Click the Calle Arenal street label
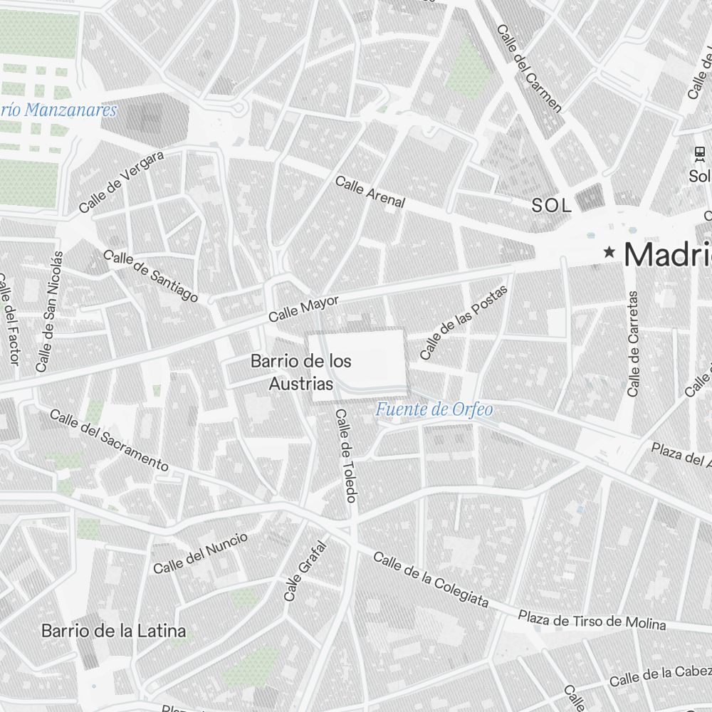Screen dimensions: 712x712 click(370, 192)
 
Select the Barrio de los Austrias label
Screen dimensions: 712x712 click(300, 372)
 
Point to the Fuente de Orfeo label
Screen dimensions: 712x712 click(434, 409)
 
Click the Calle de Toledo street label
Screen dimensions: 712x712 click(345, 456)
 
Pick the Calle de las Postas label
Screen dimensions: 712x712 click(464, 323)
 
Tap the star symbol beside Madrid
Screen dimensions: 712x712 click(609, 251)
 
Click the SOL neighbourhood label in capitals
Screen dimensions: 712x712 click(551, 206)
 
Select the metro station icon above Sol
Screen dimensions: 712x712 click(700, 153)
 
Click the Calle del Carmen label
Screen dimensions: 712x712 click(529, 68)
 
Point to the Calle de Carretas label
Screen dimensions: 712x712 click(633, 343)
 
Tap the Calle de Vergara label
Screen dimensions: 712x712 click(121, 182)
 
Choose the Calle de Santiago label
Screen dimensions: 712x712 click(150, 276)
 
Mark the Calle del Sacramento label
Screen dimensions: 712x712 click(109, 440)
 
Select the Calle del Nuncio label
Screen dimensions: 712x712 click(201, 553)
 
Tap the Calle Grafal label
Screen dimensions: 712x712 click(305, 570)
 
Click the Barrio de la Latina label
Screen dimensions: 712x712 click(113, 631)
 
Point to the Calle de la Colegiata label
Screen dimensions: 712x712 click(431, 580)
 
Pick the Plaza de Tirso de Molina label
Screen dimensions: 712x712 click(592, 619)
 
